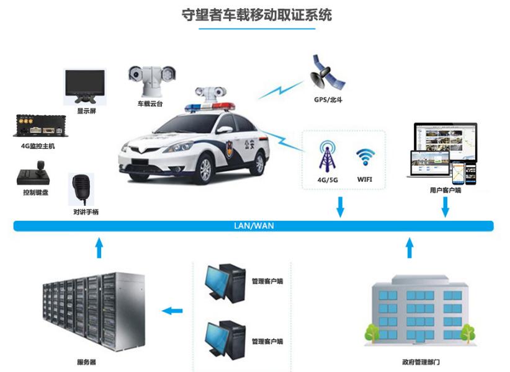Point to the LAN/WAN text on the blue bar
coord(253,226)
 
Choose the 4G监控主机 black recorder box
coord(37,126)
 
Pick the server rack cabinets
coord(93,313)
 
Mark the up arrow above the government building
coord(408,247)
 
